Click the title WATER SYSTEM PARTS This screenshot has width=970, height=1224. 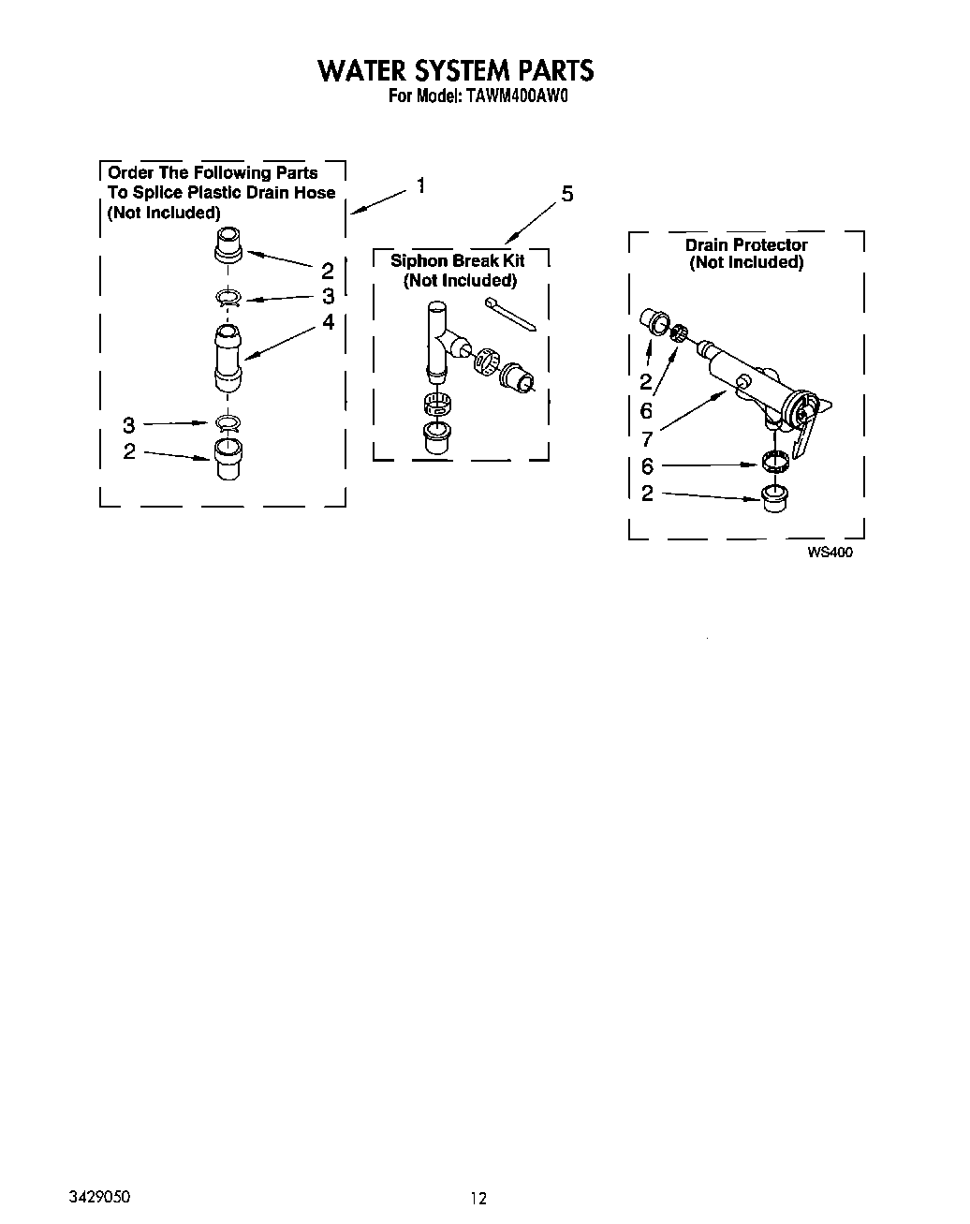[455, 70]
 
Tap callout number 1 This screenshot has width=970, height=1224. [421, 185]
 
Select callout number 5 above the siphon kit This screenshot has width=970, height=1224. [566, 195]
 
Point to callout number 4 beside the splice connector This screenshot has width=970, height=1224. [328, 321]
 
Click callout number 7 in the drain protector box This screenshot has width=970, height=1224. [646, 437]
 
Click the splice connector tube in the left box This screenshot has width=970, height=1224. [228, 358]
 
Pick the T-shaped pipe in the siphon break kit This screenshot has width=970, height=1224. [439, 342]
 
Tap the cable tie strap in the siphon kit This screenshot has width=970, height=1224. [510, 315]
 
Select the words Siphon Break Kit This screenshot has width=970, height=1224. [457, 260]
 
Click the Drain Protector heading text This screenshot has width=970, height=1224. [746, 245]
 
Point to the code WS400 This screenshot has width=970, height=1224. [830, 553]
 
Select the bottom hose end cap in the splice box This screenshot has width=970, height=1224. [228, 458]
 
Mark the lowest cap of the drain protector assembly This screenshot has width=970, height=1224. [773, 498]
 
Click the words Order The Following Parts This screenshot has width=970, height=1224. [213, 173]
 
